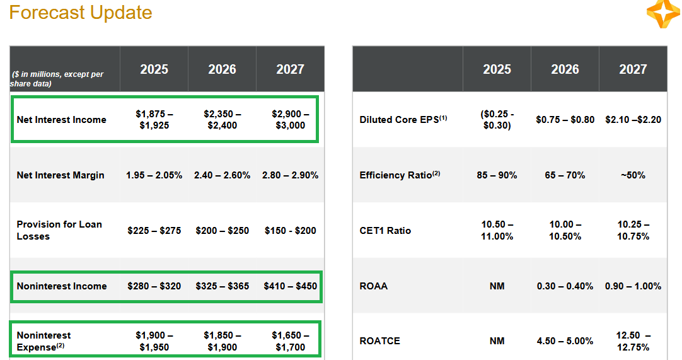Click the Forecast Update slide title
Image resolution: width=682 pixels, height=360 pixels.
coord(81,13)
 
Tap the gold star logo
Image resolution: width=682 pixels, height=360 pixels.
coord(663,13)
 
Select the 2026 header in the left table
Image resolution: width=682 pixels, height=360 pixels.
coord(222,69)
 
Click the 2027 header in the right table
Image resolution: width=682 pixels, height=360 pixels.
coord(633,69)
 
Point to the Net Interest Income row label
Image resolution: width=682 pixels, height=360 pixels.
coord(61,120)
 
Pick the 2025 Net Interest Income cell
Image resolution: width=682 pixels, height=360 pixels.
coord(154,120)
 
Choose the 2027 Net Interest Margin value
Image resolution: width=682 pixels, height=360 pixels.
coord(290,175)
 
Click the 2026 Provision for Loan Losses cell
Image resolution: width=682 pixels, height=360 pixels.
coord(222,231)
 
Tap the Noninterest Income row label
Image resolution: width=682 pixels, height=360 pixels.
coord(62,286)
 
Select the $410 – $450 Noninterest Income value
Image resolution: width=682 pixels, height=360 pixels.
coord(290,286)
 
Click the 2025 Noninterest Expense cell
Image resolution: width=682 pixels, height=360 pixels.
coord(154,341)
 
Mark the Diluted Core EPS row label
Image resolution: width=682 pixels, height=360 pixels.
coord(403,120)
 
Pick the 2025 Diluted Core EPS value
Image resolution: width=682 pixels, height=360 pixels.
coord(497,120)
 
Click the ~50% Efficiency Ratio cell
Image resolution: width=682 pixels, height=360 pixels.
coord(633,175)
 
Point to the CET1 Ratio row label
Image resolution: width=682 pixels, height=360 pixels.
coord(385,231)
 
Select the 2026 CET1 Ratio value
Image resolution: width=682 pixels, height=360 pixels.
coord(565,231)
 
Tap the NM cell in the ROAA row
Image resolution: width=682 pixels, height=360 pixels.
coord(497,286)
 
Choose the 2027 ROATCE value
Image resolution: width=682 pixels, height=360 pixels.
coord(633,341)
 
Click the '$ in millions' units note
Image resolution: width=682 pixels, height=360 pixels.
coord(57,79)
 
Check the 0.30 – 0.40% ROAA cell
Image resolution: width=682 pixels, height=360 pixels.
coord(565,286)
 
